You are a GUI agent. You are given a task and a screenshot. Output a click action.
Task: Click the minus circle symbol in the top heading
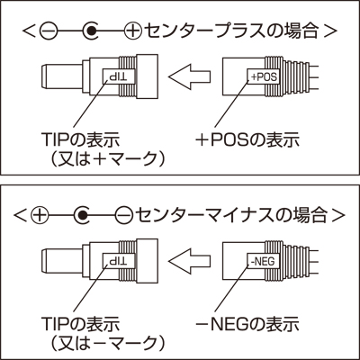(x=49, y=31)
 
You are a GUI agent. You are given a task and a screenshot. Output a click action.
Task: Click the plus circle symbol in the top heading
(x=132, y=31)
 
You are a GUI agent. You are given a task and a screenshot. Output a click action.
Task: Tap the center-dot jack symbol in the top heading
(x=90, y=31)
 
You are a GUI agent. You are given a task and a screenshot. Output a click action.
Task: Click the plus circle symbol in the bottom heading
(x=40, y=215)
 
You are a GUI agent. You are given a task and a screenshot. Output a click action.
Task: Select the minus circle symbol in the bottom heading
(x=124, y=215)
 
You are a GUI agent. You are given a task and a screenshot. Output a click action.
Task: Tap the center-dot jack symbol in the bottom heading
(x=82, y=215)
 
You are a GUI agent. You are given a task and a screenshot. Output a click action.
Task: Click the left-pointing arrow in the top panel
(x=190, y=76)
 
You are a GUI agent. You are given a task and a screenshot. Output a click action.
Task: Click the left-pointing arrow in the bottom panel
(x=190, y=261)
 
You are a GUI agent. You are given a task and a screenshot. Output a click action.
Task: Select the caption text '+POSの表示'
(x=247, y=139)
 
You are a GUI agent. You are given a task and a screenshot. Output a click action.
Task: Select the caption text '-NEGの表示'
(x=247, y=325)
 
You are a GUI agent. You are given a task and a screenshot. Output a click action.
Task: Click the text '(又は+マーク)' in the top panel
(x=107, y=158)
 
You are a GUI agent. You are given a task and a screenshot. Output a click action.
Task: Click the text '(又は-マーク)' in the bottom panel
(x=107, y=343)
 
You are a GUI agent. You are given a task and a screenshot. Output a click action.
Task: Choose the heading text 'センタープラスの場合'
(x=231, y=31)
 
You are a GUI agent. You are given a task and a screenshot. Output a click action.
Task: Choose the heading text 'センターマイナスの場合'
(x=231, y=215)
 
